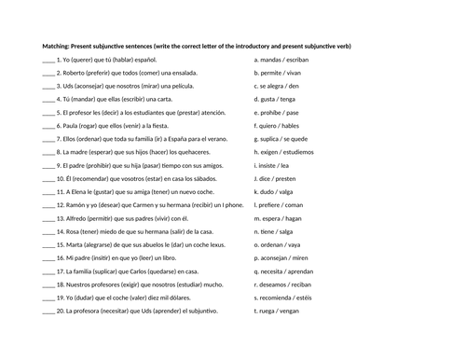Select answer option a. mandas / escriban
283,58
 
